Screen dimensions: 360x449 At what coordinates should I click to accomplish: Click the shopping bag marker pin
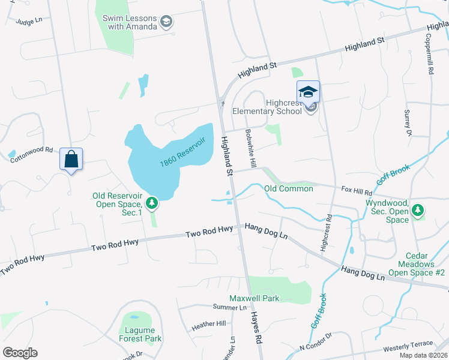coord(71,160)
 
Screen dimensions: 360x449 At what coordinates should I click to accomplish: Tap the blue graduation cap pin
coord(308,92)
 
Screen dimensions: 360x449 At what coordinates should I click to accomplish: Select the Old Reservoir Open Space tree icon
coord(152,203)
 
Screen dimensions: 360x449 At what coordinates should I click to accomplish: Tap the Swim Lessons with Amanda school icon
coord(166,23)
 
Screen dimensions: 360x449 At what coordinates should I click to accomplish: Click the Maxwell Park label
coord(254,298)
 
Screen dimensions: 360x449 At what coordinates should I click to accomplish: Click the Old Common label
coord(289,188)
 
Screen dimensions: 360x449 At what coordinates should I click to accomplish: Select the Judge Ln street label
coord(29,21)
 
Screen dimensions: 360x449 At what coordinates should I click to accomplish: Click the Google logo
coord(20,353)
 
